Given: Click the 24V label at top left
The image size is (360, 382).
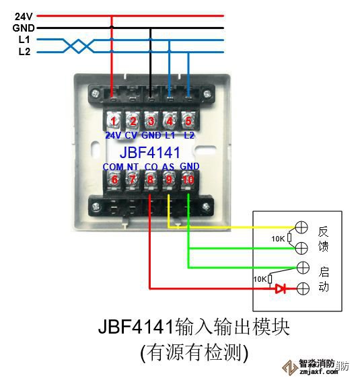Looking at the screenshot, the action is click(x=24, y=17).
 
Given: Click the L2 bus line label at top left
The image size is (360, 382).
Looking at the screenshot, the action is click(x=24, y=52).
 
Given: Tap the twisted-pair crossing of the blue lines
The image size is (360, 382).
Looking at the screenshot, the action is click(x=79, y=46).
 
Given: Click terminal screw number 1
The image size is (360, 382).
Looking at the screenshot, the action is click(x=113, y=120).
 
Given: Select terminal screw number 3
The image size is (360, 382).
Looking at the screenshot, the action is click(x=151, y=120).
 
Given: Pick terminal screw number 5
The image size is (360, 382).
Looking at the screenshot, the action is click(x=188, y=120).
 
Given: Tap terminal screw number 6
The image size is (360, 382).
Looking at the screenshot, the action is click(x=114, y=180).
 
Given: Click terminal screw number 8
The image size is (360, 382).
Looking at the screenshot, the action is click(x=150, y=180).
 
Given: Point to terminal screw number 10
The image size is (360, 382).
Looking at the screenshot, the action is click(x=188, y=180).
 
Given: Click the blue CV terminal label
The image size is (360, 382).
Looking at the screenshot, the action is click(x=131, y=135).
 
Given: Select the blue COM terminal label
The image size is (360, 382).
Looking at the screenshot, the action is click(x=113, y=167).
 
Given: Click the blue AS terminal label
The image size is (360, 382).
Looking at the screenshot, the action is click(x=168, y=167).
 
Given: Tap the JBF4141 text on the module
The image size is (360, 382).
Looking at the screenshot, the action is click(x=149, y=152).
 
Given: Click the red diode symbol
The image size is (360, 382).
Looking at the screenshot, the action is click(x=281, y=289).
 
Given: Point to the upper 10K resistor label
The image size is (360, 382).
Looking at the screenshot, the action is click(x=278, y=239).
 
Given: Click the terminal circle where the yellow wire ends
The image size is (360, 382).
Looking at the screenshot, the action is click(x=301, y=227).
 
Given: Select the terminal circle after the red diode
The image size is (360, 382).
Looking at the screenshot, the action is click(x=303, y=289).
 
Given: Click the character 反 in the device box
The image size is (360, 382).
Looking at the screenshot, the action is click(x=324, y=231).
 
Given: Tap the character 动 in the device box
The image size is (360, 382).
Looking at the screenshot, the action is click(x=324, y=286).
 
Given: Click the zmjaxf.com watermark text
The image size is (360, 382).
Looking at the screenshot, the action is click(x=319, y=372).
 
